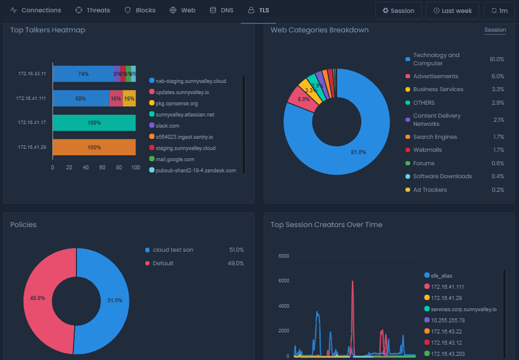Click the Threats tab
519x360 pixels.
(x=92, y=11)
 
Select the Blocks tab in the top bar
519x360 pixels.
(x=140, y=11)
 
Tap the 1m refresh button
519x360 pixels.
(x=498, y=11)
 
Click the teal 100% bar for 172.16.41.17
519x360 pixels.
(x=94, y=122)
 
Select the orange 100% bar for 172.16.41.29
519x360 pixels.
(x=94, y=147)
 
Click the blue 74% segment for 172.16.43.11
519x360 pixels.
(x=83, y=74)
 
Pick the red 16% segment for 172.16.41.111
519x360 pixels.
(x=116, y=98)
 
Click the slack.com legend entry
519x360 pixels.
(x=167, y=126)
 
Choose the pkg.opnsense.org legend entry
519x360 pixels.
(x=177, y=104)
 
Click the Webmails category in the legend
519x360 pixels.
(x=427, y=150)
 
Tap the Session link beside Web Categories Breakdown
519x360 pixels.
(x=495, y=30)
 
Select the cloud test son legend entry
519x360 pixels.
(x=172, y=250)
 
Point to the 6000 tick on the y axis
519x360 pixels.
(x=284, y=281)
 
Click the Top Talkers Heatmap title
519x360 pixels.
(x=48, y=30)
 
